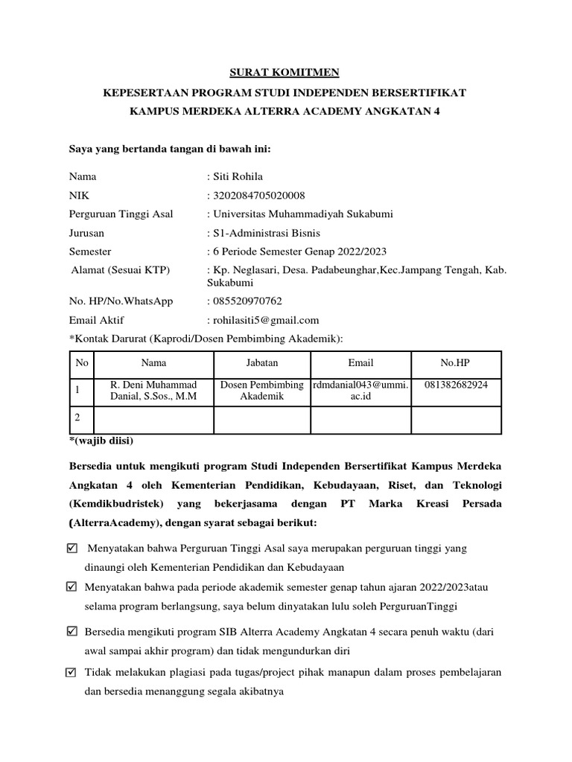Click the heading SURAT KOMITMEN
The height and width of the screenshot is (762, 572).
point(283,72)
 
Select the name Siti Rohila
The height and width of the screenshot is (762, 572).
point(238,177)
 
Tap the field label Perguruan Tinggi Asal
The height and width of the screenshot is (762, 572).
point(121,214)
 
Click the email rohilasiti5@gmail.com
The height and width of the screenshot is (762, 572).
point(266,320)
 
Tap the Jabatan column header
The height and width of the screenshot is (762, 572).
point(262,362)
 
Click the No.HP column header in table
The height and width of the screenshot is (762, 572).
point(456,362)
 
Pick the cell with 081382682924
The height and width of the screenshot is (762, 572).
point(457,385)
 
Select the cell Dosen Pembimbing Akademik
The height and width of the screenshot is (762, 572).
point(262,391)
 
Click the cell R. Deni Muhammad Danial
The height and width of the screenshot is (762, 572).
point(154,391)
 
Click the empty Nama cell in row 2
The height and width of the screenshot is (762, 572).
point(154,420)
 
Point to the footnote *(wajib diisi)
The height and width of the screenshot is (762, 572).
point(101,441)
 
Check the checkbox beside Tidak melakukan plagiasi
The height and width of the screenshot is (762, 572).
point(71,673)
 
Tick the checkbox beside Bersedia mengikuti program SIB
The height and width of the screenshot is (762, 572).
point(71,632)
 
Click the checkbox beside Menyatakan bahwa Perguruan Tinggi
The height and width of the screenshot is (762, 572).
point(71,548)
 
